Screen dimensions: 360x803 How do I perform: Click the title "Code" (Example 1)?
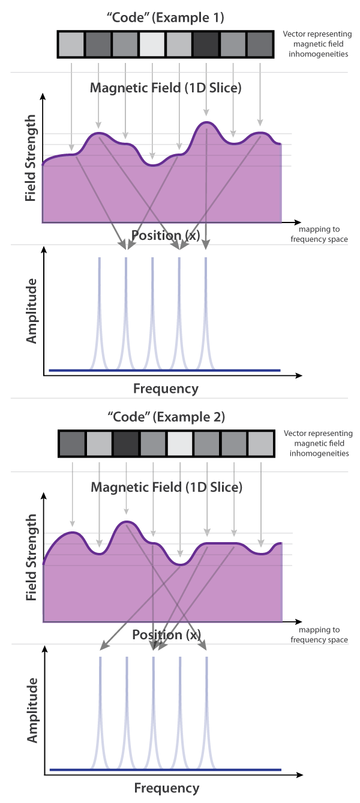(x=166, y=17)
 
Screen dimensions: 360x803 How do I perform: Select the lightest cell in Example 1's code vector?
(x=152, y=44)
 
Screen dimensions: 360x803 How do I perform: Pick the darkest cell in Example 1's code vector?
(x=206, y=44)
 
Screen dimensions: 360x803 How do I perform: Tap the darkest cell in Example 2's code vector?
(x=126, y=444)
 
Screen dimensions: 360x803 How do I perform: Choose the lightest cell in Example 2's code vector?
(x=180, y=444)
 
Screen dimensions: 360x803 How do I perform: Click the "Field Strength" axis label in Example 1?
(x=31, y=158)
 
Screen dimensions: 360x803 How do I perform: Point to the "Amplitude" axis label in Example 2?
(x=32, y=710)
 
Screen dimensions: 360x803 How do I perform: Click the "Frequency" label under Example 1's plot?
(x=166, y=389)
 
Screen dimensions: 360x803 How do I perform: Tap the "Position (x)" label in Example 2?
(x=166, y=635)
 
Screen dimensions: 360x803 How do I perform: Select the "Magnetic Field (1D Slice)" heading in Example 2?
(x=167, y=487)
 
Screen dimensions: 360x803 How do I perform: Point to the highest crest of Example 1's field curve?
(x=206, y=122)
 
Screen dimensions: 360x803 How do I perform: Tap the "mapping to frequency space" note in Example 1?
(x=319, y=234)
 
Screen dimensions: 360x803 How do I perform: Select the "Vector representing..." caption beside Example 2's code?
(x=319, y=443)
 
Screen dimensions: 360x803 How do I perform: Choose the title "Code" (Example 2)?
(x=166, y=417)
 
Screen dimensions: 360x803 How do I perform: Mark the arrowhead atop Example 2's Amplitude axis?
(x=45, y=649)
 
